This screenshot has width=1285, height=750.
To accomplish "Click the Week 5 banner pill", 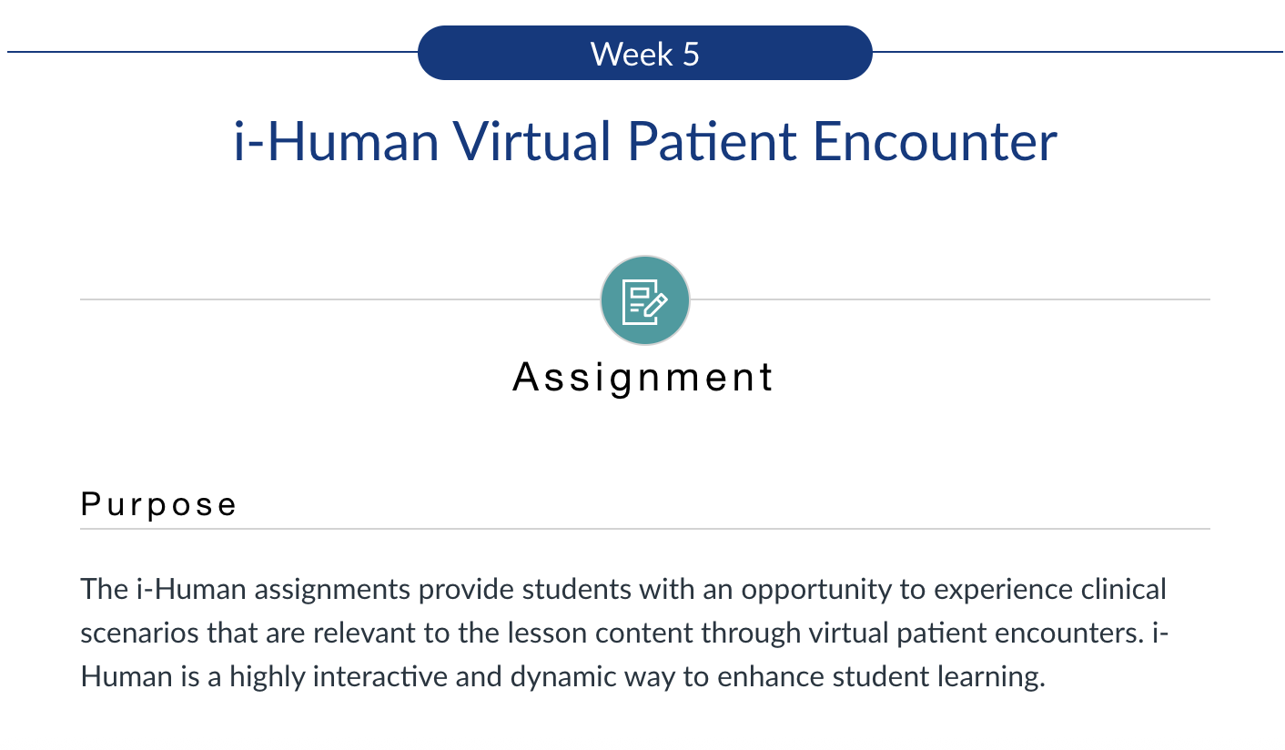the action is point(645,53).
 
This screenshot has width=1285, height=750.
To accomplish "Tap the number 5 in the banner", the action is point(692,55).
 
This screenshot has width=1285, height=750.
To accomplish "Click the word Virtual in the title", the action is point(531,141).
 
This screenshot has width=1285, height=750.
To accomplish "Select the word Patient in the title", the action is point(712,141).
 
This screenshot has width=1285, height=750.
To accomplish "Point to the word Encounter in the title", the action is point(935,141).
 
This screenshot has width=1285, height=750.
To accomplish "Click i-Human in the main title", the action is point(336,141).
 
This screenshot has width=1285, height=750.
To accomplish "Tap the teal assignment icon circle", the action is point(645,300).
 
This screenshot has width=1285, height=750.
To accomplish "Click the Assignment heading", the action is point(643,378).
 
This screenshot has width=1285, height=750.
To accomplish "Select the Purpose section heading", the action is point(158,505).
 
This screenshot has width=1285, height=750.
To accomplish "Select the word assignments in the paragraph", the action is point(332,590).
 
